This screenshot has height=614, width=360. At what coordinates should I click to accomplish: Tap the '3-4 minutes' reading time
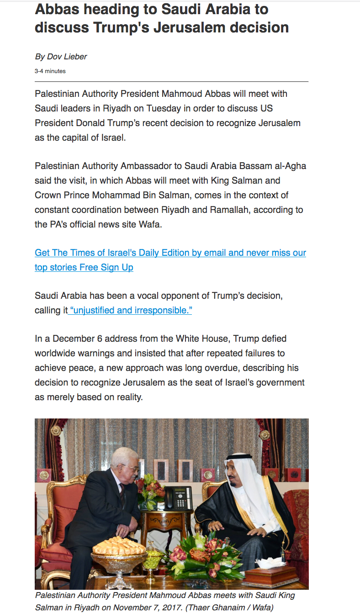[x=50, y=71]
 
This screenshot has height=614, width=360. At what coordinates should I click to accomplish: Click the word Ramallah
[x=228, y=210]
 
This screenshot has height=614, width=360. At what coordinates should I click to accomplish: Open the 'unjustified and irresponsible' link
[x=131, y=310]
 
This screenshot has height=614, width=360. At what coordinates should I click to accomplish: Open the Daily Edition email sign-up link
[x=170, y=253]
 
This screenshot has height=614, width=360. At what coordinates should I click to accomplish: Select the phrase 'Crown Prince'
[x=62, y=195]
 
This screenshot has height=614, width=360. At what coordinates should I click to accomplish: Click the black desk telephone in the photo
[x=178, y=498]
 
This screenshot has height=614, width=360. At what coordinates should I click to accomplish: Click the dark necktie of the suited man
[x=122, y=493]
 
